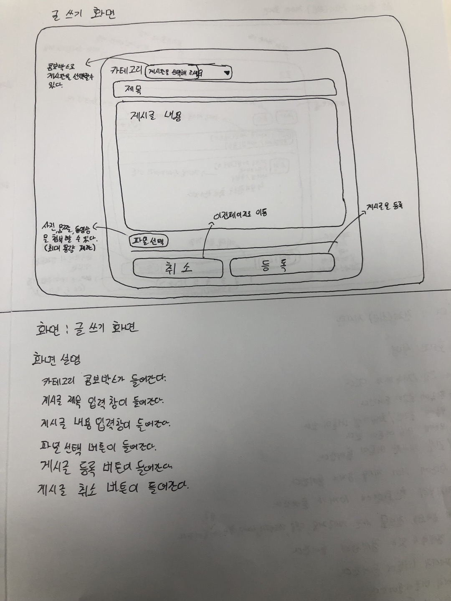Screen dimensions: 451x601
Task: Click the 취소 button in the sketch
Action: [178, 268]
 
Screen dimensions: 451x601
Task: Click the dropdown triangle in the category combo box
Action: [227, 73]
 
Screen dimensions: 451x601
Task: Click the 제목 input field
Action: [225, 89]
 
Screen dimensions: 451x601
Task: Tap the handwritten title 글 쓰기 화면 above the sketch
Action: [82, 13]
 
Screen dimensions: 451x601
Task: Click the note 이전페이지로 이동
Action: [240, 214]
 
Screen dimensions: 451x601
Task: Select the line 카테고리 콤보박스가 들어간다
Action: [104, 381]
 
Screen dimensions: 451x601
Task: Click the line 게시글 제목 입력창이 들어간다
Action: [103, 402]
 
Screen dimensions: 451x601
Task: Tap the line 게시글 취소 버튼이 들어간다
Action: [113, 489]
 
